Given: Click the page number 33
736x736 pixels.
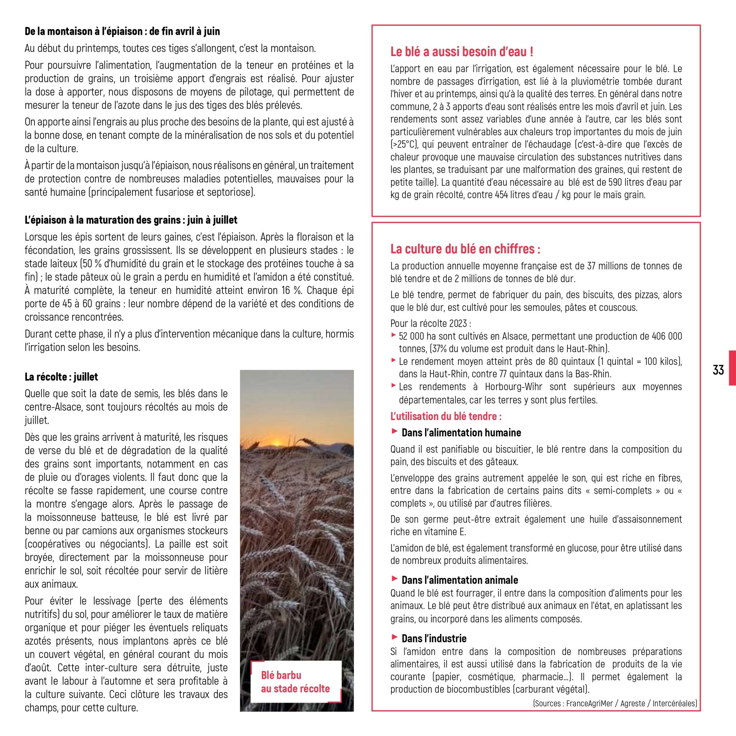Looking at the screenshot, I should pyautogui.click(x=718, y=370).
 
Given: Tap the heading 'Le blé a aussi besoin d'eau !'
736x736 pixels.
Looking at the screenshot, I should pyautogui.click(x=462, y=51).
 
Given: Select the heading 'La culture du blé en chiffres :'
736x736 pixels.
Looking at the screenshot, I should pyautogui.click(x=465, y=249).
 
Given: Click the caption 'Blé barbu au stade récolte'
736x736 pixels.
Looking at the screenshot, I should pyautogui.click(x=295, y=682).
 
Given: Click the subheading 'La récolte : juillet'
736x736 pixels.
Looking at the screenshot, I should pyautogui.click(x=61, y=377).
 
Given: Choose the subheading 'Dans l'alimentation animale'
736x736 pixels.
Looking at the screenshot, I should pyautogui.click(x=460, y=580).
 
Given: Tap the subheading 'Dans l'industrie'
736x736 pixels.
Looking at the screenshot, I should pyautogui.click(x=434, y=638).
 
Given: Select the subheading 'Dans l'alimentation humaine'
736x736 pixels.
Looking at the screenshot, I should pyautogui.click(x=461, y=432).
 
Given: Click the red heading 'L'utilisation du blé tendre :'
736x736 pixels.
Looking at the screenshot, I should pyautogui.click(x=446, y=416).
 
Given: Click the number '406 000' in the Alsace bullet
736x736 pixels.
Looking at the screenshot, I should pyautogui.click(x=667, y=336).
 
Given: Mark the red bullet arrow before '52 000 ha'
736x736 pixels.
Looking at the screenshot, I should pyautogui.click(x=394, y=335).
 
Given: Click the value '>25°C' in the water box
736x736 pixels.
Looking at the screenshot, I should pyautogui.click(x=404, y=144).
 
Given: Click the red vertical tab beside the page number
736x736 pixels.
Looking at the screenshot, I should pyautogui.click(x=732, y=368).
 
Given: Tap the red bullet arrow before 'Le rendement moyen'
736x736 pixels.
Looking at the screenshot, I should pyautogui.click(x=394, y=360).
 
